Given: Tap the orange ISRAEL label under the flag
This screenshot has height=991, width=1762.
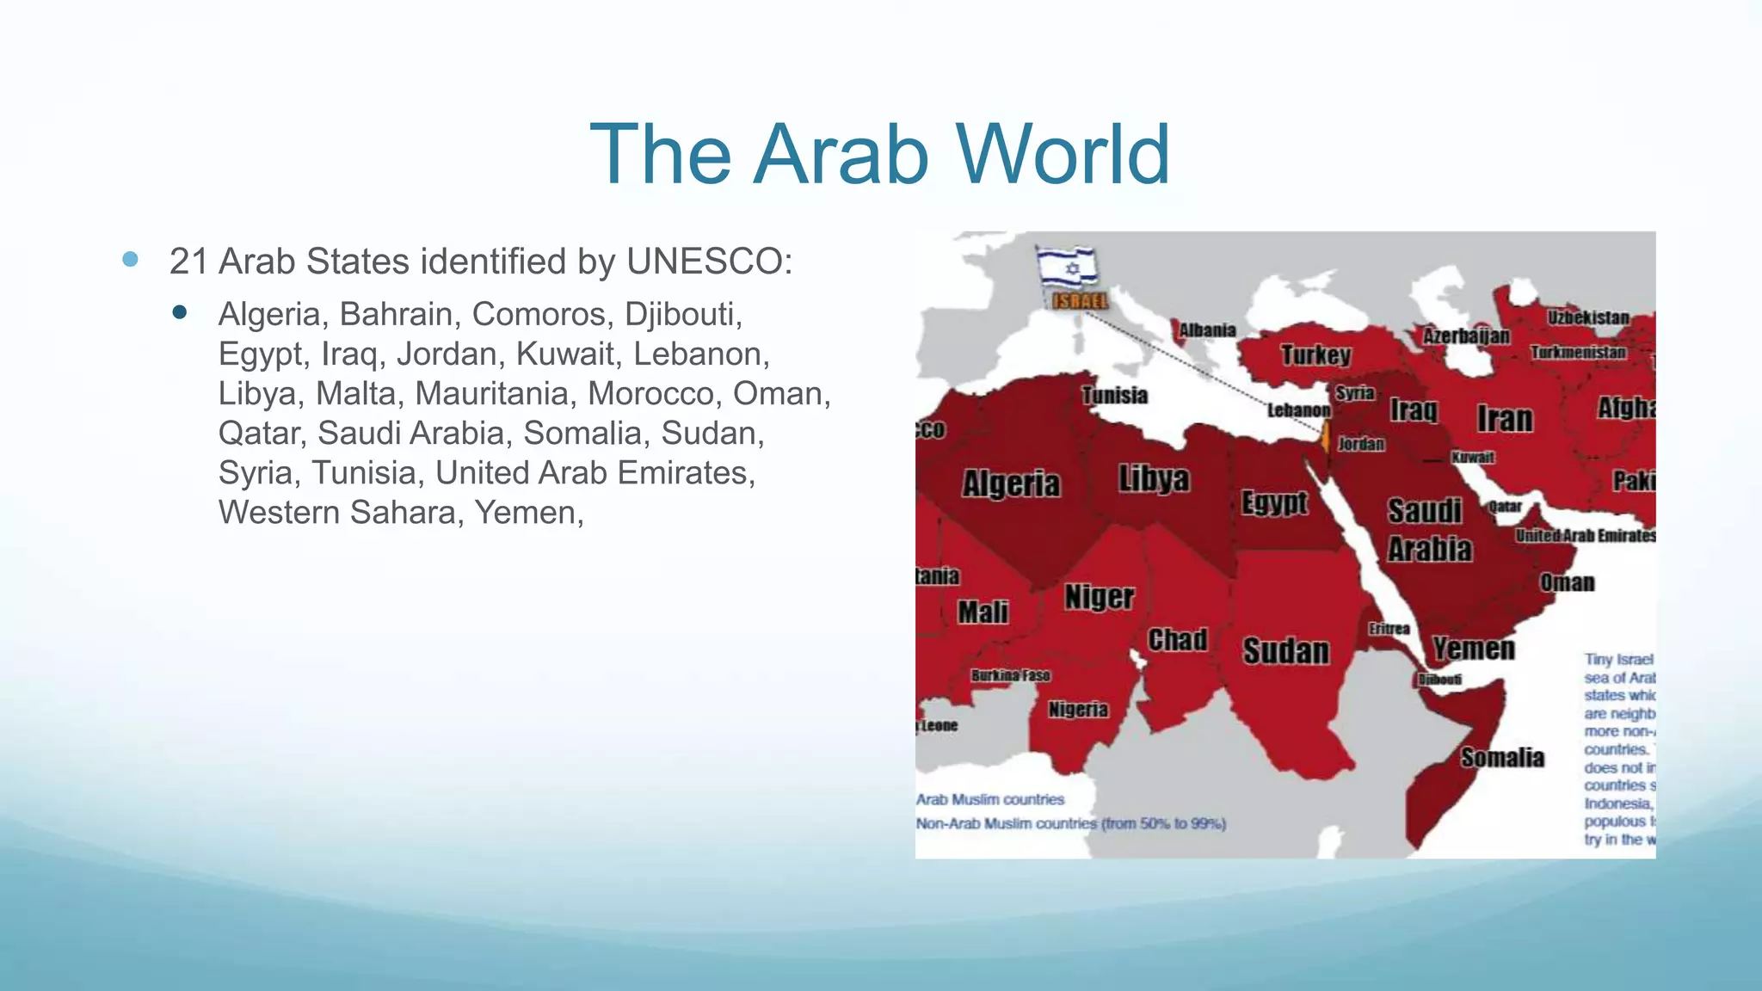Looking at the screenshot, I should (x=1081, y=301).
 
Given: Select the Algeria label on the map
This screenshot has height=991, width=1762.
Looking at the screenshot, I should (x=1011, y=483).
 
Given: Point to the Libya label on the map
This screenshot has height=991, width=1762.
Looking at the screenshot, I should (x=1154, y=478).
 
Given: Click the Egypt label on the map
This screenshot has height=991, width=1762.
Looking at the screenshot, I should (x=1274, y=502).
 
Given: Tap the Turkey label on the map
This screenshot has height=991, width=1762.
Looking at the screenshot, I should (x=1315, y=354).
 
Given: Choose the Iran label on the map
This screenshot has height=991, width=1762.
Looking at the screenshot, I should (x=1505, y=419).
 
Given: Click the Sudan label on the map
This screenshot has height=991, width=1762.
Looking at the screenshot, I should (x=1285, y=651).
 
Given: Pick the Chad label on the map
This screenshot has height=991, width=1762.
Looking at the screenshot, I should (x=1177, y=640).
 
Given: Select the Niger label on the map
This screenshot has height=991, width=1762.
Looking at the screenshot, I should (x=1099, y=596).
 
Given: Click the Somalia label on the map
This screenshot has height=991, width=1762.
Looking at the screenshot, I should (x=1502, y=758).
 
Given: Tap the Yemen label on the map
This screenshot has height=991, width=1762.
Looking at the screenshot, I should (x=1473, y=649).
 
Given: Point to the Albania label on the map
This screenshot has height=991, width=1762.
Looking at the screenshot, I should (x=1207, y=330).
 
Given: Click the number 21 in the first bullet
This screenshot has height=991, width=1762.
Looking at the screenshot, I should (x=188, y=262).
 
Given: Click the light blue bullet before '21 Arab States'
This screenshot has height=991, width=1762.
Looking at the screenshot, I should (x=131, y=259).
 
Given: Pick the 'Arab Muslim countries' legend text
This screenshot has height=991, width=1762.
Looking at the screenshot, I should (x=989, y=800).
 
